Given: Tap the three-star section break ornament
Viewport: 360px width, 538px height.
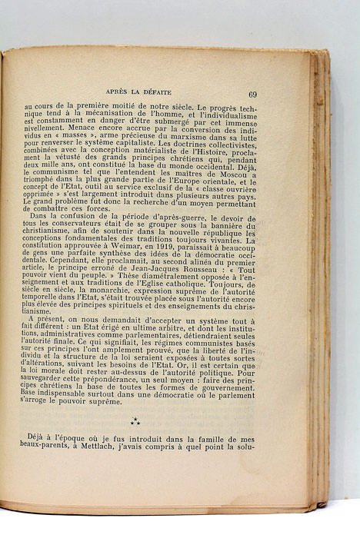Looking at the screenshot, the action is point(135,420).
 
